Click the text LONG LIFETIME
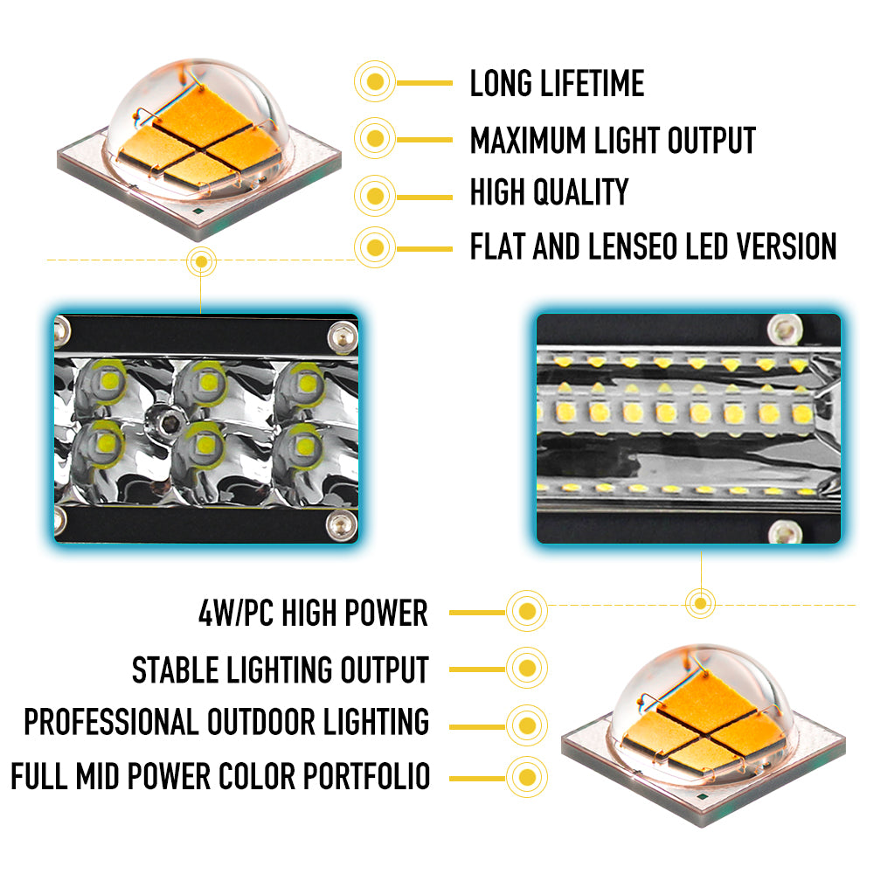point(557,84)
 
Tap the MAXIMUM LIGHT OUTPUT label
point(613,140)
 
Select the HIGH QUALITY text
point(549,192)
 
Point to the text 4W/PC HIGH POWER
point(314,614)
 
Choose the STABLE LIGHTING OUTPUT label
point(281,669)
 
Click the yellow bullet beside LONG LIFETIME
point(375,84)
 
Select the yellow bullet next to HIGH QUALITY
point(375,192)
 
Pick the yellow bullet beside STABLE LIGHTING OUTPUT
point(526,669)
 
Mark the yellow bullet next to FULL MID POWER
point(526,775)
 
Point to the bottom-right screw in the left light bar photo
point(340,524)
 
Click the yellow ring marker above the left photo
point(202,260)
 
